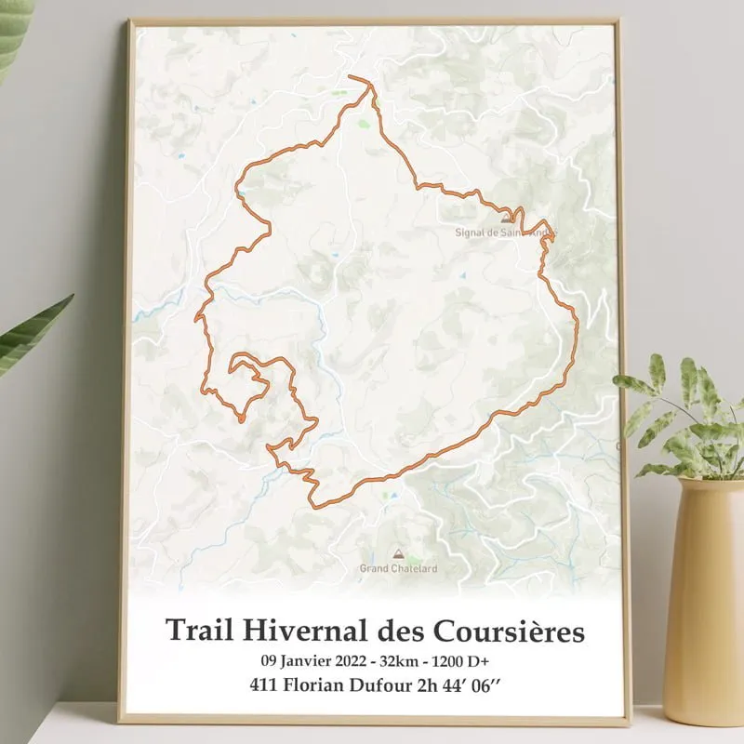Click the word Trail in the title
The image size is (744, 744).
[198, 631]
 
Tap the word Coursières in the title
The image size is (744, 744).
[509, 631]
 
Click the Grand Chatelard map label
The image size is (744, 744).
[398, 568]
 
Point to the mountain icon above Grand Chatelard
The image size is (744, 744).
[399, 552]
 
